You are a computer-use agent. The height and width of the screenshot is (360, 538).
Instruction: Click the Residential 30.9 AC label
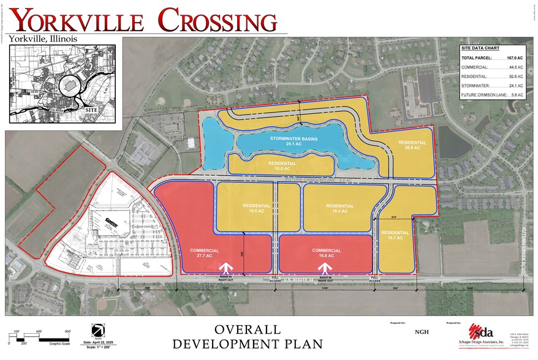(x=412, y=145)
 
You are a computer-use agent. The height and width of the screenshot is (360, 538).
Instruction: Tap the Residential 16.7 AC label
(x=395, y=235)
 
